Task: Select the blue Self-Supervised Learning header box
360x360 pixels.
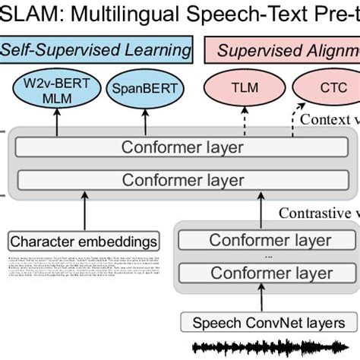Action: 97,51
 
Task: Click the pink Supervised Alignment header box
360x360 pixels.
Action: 281,51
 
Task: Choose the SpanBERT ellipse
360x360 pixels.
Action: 144,89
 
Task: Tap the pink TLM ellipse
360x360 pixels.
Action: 244,88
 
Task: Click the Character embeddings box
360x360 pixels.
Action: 84,242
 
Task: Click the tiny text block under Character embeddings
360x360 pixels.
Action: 84,269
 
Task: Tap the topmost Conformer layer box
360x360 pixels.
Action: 183,147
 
